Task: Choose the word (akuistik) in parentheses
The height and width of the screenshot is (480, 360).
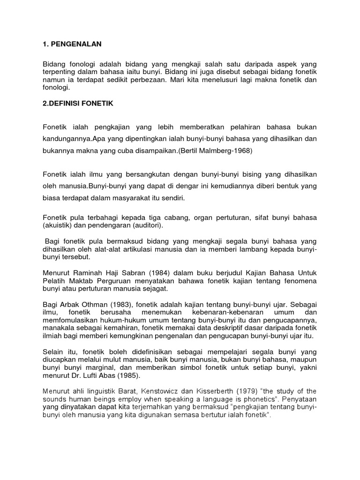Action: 58,225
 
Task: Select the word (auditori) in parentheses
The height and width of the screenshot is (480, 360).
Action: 146,225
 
